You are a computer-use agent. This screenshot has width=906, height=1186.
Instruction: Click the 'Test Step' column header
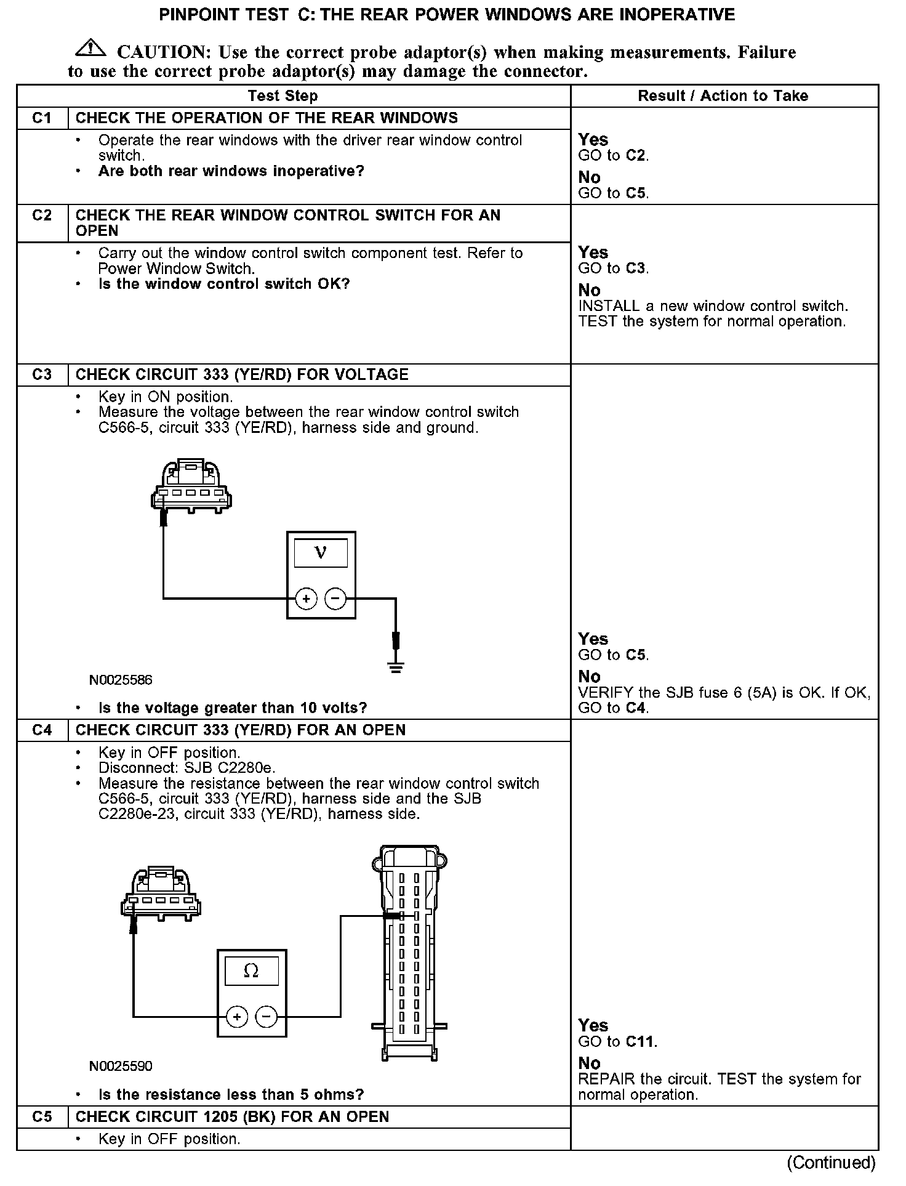pos(283,96)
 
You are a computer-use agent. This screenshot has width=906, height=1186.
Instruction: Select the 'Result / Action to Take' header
pos(723,96)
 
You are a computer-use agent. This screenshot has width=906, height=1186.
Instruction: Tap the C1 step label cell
pos(42,118)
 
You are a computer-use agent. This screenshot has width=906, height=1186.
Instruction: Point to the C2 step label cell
pos(42,216)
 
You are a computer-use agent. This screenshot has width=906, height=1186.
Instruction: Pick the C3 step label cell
pos(42,375)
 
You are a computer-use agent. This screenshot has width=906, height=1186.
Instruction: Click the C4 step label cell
pos(42,730)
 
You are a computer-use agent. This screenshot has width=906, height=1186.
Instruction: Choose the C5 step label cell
pos(42,1117)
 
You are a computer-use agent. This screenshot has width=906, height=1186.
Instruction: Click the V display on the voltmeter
pos(321,552)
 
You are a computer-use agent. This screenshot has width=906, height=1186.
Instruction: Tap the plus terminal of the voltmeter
pos(306,598)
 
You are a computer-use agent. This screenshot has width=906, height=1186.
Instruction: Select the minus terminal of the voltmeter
pos(335,598)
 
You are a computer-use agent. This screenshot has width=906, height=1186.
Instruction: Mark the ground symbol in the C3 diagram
pos(396,666)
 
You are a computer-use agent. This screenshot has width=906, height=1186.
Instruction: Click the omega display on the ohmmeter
pos(251,971)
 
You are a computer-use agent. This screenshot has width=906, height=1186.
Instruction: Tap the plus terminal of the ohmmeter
pos(237,1017)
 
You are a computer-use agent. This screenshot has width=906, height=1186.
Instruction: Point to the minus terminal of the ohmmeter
pos(267,1017)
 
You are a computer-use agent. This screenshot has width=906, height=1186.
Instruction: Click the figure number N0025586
pos(121,680)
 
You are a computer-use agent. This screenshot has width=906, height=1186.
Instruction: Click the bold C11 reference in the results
pos(640,1042)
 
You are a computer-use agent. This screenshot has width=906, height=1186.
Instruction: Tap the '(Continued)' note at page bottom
pos(831,1162)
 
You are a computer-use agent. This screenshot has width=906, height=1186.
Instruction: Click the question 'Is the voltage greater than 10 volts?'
pos(233,708)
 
